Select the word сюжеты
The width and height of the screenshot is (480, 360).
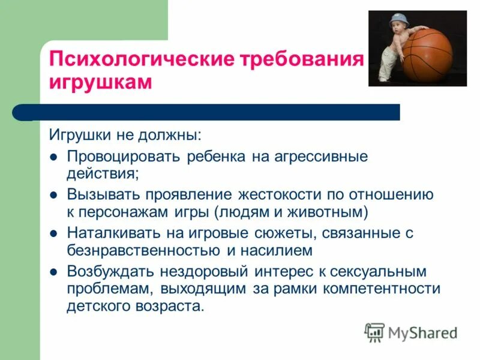click(269, 232)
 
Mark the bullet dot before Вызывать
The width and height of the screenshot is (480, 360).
click(53, 195)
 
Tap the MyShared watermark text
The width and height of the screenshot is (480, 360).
click(422, 332)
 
